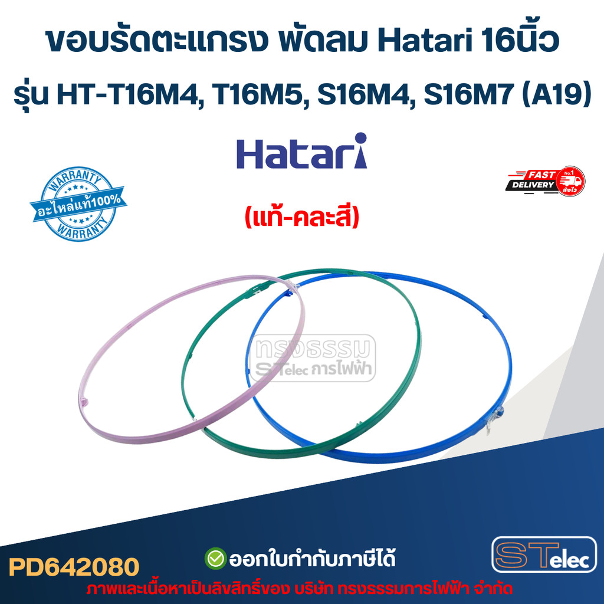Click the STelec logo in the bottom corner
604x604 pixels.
click(544, 554)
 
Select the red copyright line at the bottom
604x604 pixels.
click(299, 589)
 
